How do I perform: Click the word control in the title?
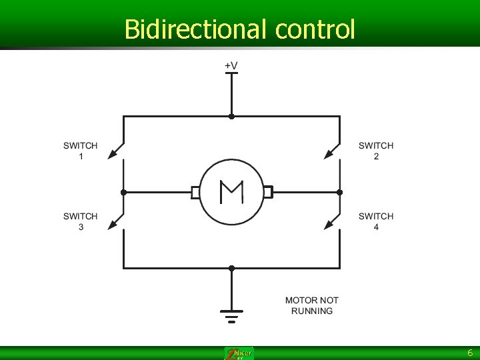coord(315,29)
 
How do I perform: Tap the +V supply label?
coord(231,65)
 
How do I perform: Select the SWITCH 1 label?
coord(81,151)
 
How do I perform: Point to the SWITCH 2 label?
coord(376,151)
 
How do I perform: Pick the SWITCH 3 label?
coord(81,221)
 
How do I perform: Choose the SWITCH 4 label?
coord(376,221)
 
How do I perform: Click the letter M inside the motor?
coord(231,193)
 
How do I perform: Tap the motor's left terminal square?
coord(195,193)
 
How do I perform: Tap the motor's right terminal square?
coord(267,193)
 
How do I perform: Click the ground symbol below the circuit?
coord(231,315)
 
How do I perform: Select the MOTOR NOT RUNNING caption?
coord(311,305)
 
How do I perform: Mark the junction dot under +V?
coord(231,116)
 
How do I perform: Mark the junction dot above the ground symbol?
coord(231,268)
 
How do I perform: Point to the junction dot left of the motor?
coord(123,193)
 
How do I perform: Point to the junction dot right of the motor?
coord(339,193)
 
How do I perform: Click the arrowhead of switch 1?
coord(111,155)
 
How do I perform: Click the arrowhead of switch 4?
coord(328,226)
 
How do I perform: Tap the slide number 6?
coord(469,353)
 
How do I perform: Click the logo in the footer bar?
coord(239,353)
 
